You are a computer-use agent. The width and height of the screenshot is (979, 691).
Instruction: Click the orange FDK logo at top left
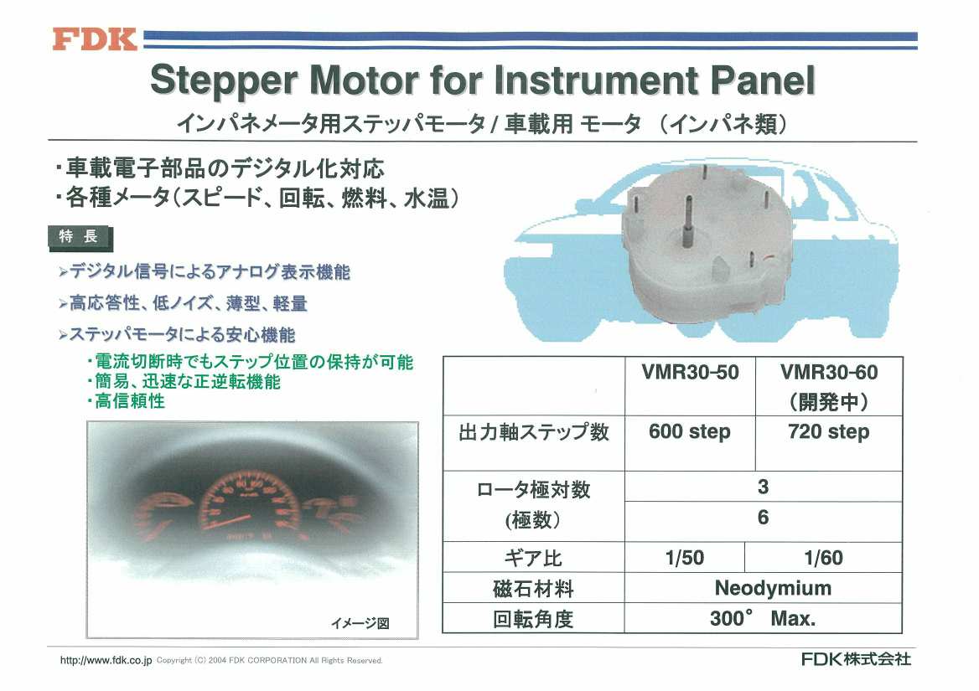pos(95,39)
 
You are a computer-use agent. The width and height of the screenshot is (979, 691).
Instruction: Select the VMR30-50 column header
pos(690,373)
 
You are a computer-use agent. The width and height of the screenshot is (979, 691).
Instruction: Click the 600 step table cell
pos(690,432)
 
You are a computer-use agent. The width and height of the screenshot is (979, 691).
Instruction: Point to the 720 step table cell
pos(829,432)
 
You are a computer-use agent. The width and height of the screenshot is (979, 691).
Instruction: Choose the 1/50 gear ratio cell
pos(684,558)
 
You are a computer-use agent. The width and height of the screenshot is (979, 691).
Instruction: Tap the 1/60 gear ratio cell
pos(823,558)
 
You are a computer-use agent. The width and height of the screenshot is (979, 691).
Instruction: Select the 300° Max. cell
pos(763,619)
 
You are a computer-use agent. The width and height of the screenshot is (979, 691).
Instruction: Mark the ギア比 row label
pos(532,558)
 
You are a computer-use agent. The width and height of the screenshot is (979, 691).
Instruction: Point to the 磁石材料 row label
pos(533,588)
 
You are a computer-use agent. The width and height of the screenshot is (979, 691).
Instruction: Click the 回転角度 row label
pos(533,619)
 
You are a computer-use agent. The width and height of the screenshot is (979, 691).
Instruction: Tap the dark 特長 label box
pos(79,237)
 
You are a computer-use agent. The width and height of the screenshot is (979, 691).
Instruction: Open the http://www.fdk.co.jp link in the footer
pos(106,660)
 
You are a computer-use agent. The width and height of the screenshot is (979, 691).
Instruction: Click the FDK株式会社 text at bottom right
pos(856,659)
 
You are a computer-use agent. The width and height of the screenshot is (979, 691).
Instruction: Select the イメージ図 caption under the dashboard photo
pos(360,622)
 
